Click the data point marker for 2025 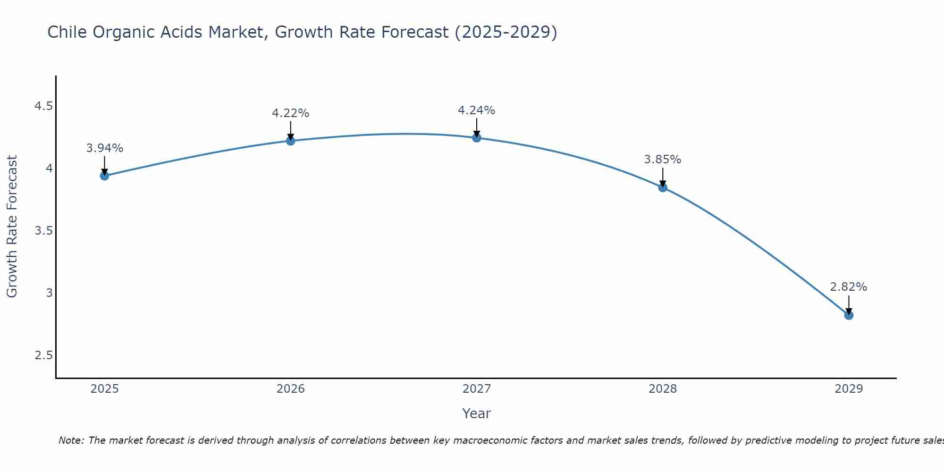click(104, 176)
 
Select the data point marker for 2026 click(290, 141)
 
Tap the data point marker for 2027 click(476, 138)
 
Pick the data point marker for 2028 click(663, 187)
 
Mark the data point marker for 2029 click(849, 315)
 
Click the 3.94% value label click(104, 148)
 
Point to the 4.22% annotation click(290, 113)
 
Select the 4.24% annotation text click(476, 110)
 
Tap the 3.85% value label click(663, 160)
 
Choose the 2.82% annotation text click(849, 287)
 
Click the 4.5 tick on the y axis click(43, 106)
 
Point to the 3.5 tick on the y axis click(43, 231)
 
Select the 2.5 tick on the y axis click(43, 355)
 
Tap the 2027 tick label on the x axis click(476, 389)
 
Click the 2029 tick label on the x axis click(849, 389)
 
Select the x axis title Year click(476, 413)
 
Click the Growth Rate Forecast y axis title click(12, 227)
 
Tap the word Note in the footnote click(71, 440)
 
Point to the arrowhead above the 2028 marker click(663, 183)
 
